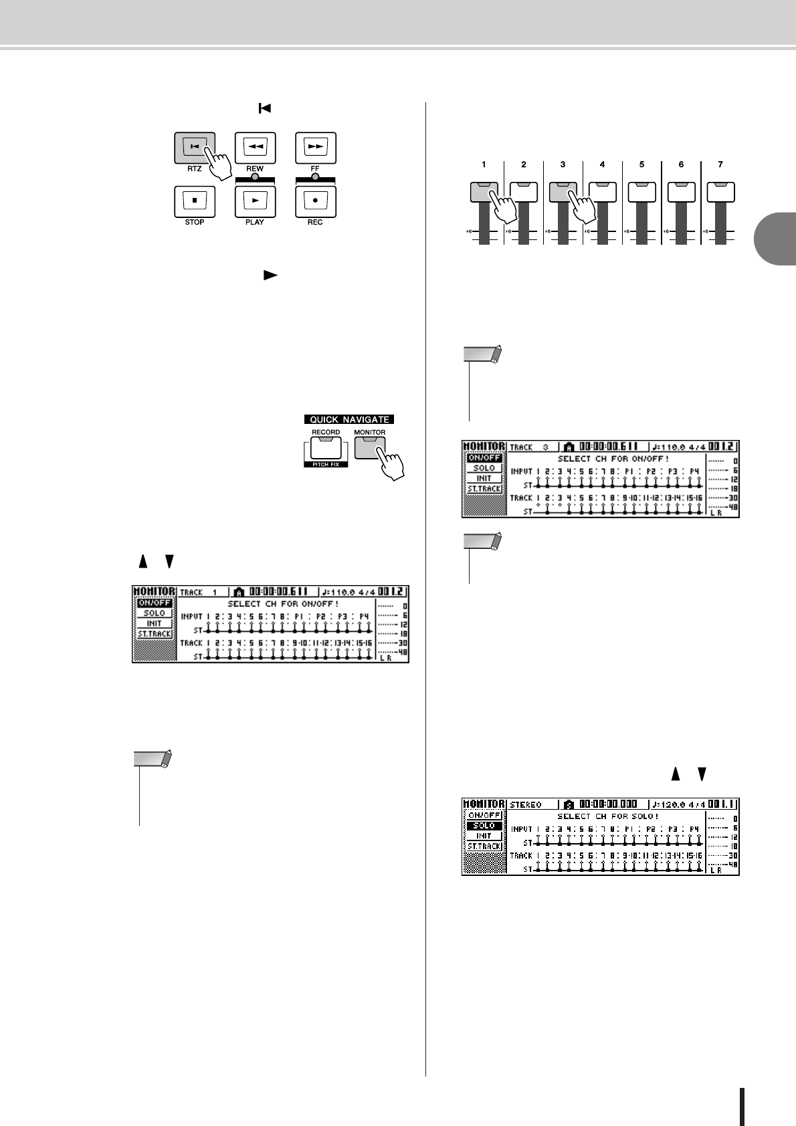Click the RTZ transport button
pyautogui.click(x=194, y=147)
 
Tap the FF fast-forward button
pyautogui.click(x=315, y=147)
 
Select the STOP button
pyautogui.click(x=194, y=201)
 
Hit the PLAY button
pyautogui.click(x=255, y=201)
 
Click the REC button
pyautogui.click(x=315, y=201)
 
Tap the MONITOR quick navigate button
pyautogui.click(x=369, y=447)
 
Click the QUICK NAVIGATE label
pyautogui.click(x=349, y=419)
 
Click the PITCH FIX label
pyautogui.click(x=326, y=464)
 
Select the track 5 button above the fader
pyautogui.click(x=641, y=191)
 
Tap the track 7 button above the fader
pyautogui.click(x=720, y=191)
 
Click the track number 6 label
pyautogui.click(x=681, y=164)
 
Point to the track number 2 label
pyautogui.click(x=523, y=164)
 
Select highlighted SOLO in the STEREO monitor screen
pyautogui.click(x=484, y=826)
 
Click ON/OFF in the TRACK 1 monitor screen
pyautogui.click(x=155, y=603)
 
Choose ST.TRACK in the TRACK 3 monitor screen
pyautogui.click(x=484, y=489)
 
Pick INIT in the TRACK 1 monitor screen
pyautogui.click(x=155, y=623)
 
